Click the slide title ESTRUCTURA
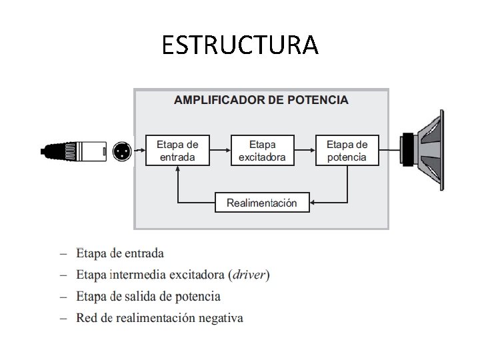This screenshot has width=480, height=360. point(240,45)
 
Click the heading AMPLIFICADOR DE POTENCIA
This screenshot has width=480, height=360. point(261,100)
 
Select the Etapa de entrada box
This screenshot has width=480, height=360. point(177,150)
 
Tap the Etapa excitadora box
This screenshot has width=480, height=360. point(262,150)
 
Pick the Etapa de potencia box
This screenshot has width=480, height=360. point(347,150)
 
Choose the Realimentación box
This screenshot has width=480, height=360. point(262,202)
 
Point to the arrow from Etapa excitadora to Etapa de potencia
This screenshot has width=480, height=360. point(305,150)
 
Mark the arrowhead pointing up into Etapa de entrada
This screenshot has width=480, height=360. point(177,170)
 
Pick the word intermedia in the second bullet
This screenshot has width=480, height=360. point(138,274)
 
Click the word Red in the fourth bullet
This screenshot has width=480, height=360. point(86,317)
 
